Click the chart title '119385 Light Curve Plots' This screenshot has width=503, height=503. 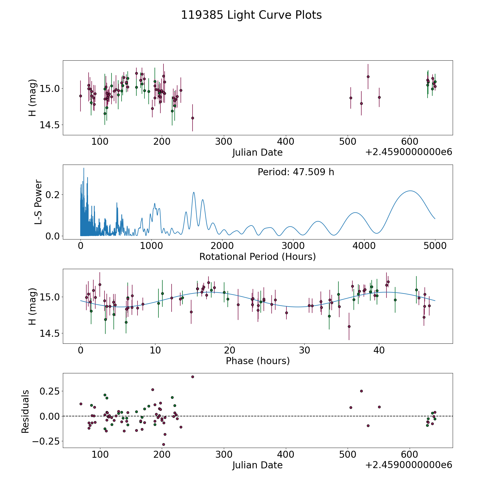coord(251,15)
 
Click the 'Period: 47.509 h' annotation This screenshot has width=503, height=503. coord(296,172)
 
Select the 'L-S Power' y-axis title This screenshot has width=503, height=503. coord(38,202)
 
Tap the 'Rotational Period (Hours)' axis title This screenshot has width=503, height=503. coord(257,257)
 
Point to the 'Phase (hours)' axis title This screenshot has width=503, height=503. coord(257,361)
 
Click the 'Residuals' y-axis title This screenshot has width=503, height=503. coord(25,411)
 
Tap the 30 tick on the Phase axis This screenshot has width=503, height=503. coord(304,350)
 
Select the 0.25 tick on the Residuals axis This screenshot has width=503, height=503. coord(50,391)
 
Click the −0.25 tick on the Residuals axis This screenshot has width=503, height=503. coord(47,442)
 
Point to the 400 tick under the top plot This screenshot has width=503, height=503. coord(286,142)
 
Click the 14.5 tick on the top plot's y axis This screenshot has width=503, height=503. coord(49,125)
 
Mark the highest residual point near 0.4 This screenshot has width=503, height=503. coord(193,377)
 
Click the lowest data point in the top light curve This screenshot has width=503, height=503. coord(193,118)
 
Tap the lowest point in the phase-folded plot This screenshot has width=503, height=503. coord(349,326)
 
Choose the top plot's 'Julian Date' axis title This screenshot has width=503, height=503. coord(257,153)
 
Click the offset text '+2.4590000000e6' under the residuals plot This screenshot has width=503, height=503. coord(409,465)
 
